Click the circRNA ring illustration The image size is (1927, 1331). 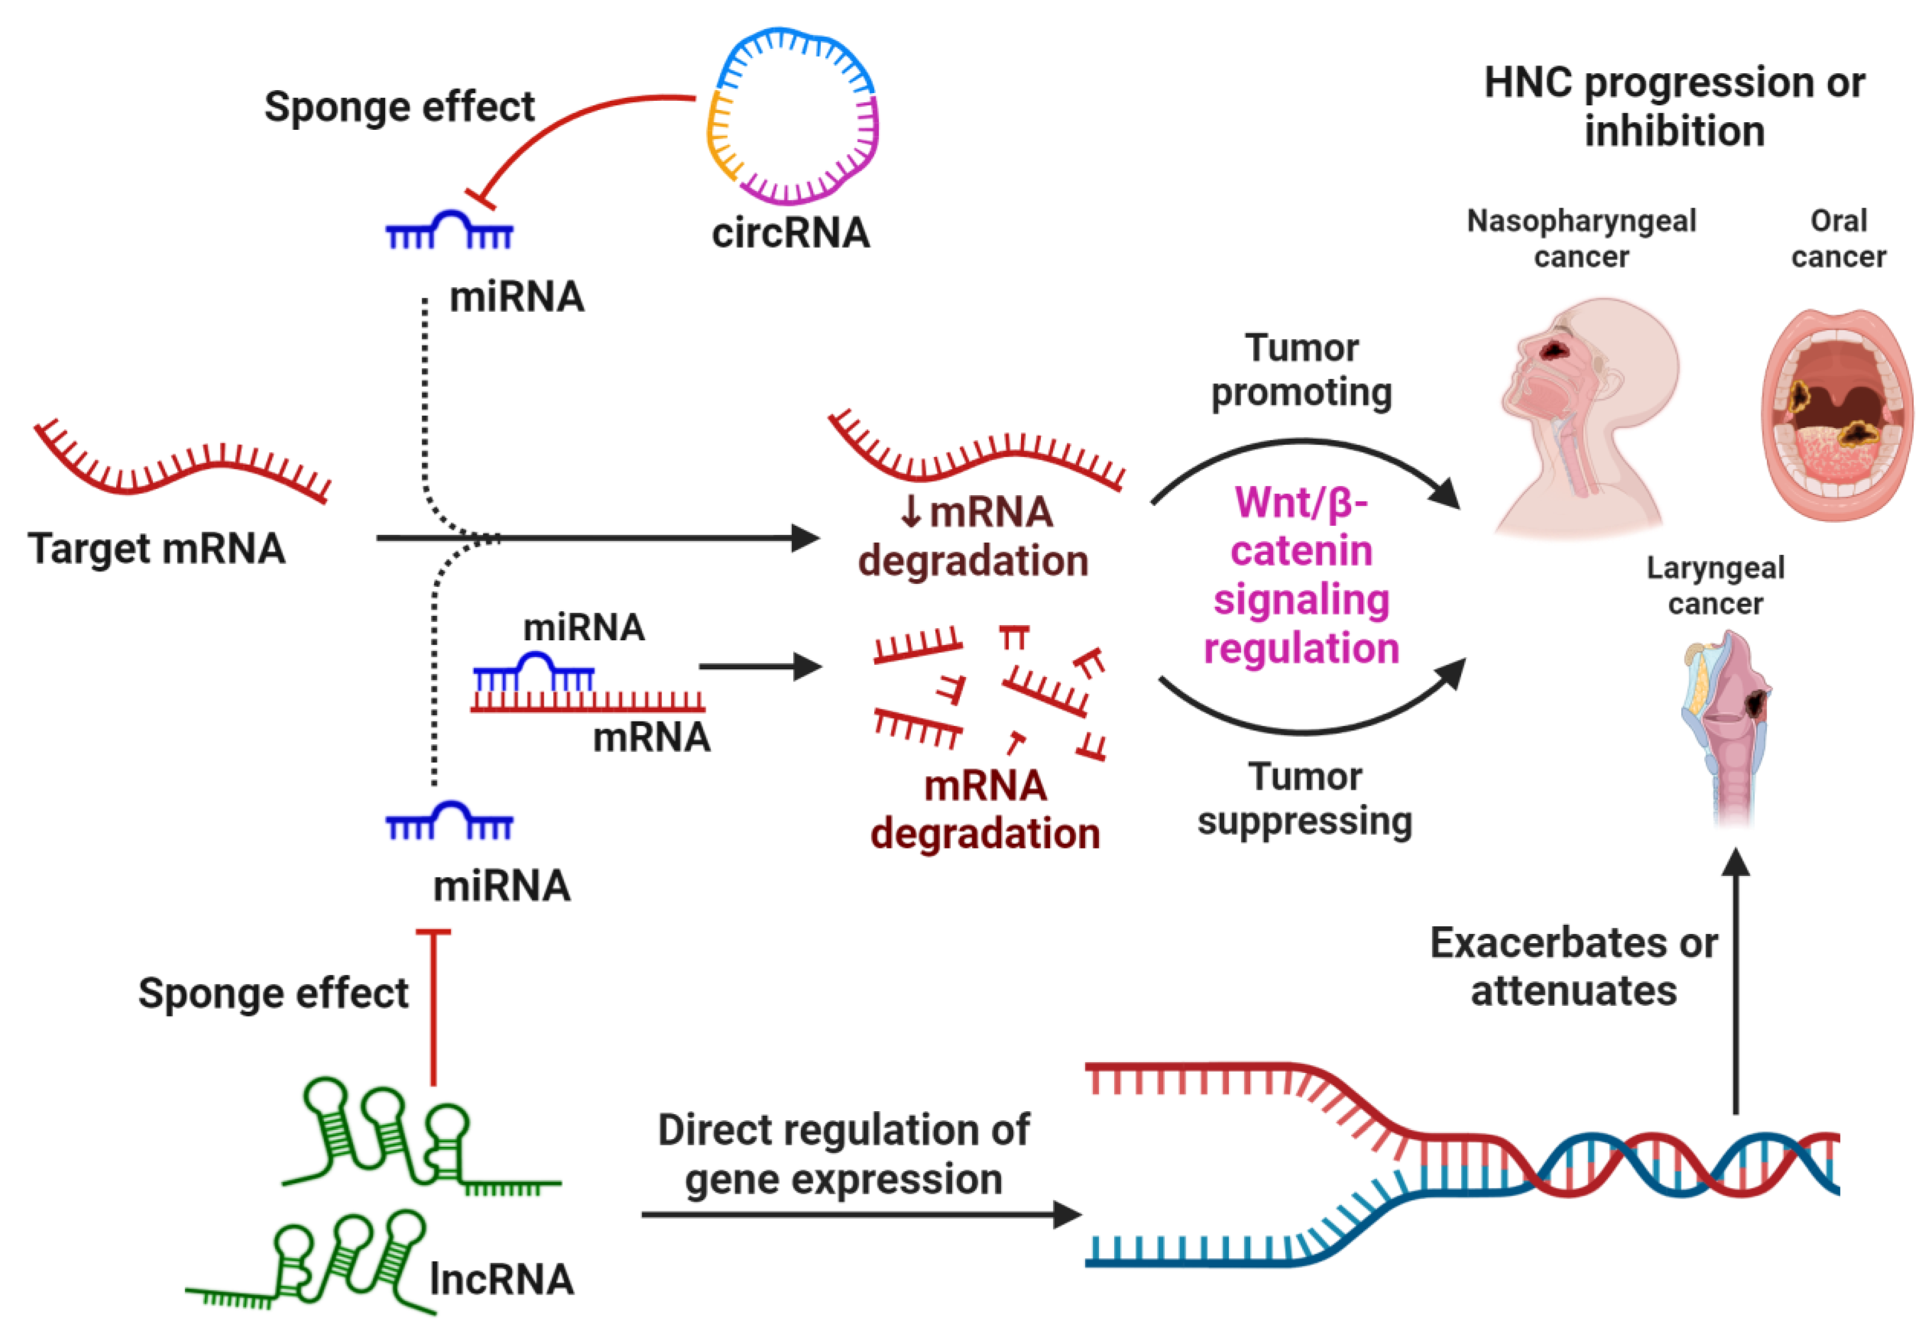[x=792, y=116]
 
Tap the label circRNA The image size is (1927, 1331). [x=790, y=233]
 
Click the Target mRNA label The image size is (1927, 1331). [x=157, y=549]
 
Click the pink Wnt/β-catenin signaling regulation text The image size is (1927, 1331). [x=1301, y=576]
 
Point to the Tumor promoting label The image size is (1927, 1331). [x=1301, y=370]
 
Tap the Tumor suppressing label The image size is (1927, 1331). [x=1305, y=799]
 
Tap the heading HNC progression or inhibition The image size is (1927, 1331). [x=1674, y=107]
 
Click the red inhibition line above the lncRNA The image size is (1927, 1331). [x=433, y=1009]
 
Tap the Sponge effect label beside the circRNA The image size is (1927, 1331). [x=399, y=107]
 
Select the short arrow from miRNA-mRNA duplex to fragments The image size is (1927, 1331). [x=759, y=666]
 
